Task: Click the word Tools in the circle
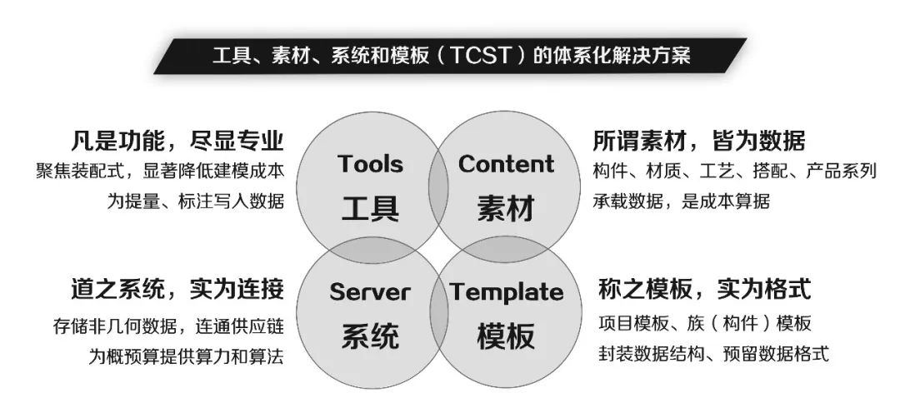tap(370, 163)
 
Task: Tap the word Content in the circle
tap(507, 163)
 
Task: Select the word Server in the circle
tap(370, 292)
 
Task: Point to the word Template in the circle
tap(507, 292)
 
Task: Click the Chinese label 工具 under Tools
tap(370, 207)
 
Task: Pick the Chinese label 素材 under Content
tap(506, 207)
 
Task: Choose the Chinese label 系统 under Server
tap(370, 336)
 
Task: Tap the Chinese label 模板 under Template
tap(506, 336)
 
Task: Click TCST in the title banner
tap(481, 56)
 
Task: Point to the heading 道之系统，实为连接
tap(177, 289)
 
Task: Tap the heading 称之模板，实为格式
tap(705, 289)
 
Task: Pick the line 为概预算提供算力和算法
tap(186, 356)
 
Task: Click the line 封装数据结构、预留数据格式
tap(713, 353)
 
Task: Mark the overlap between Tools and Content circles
tap(438, 187)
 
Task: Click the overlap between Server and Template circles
tap(438, 312)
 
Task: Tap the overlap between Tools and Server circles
tap(369, 250)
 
